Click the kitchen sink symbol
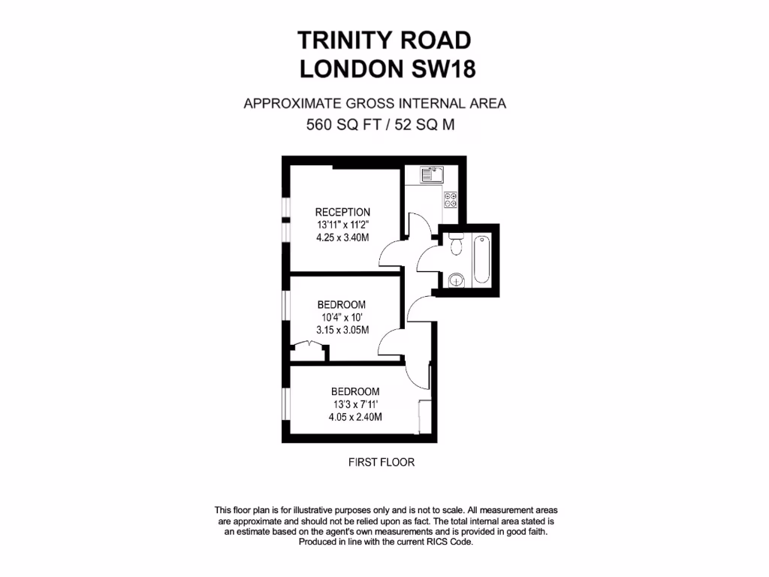click(432, 175)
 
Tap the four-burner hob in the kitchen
click(451, 200)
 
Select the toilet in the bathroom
click(454, 245)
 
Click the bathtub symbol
click(481, 259)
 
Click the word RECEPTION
click(342, 212)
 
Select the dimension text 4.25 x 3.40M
click(342, 237)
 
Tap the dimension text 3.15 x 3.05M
click(342, 330)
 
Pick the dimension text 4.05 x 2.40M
click(355, 417)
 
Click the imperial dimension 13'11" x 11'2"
click(342, 225)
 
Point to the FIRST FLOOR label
click(381, 462)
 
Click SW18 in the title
click(443, 69)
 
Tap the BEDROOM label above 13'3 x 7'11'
click(355, 391)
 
